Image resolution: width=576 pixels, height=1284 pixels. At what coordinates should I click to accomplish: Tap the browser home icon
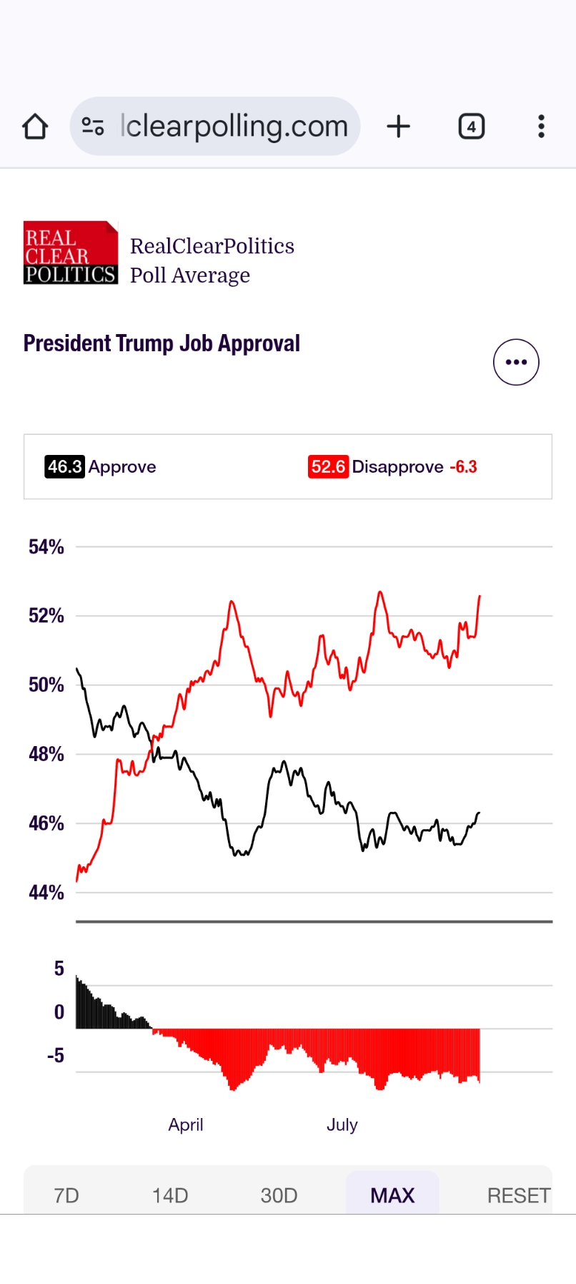pos(35,127)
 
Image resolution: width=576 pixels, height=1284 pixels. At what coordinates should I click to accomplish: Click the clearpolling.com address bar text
pos(234,127)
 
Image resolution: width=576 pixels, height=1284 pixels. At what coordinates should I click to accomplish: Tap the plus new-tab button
pos(399,127)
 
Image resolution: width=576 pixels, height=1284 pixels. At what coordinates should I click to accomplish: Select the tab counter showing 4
pos(471,127)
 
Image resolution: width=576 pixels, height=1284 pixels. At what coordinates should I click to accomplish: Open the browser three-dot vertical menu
pos(541,127)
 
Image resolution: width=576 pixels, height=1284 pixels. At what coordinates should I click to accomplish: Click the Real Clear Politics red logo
pos(70,253)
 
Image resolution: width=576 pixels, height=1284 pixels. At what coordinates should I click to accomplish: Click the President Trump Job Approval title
pos(162,343)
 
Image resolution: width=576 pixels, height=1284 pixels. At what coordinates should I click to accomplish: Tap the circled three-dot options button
pos(516,362)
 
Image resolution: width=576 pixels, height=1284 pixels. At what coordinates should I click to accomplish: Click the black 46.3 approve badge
pos(64,466)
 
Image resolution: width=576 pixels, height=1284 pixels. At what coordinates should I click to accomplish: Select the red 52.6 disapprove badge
pos(328,466)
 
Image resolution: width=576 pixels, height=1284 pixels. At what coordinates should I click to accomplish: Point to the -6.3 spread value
pos(463,466)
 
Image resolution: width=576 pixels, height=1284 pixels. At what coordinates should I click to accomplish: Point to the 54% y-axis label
pos(46,547)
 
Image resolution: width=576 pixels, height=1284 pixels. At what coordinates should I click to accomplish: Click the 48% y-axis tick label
pos(46,754)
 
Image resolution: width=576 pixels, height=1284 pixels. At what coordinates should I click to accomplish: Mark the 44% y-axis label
pos(46,892)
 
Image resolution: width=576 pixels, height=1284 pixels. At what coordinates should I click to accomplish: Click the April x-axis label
pos(186,1124)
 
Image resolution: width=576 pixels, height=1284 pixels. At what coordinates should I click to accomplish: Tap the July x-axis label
pos(342,1124)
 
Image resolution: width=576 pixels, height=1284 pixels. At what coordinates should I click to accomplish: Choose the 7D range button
pos(66,1195)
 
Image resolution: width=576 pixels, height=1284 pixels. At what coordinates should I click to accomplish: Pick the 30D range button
pos(279,1195)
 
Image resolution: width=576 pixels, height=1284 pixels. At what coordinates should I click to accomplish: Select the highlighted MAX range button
pos(392,1195)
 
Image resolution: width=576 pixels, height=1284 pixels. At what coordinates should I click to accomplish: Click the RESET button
pos(518,1195)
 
